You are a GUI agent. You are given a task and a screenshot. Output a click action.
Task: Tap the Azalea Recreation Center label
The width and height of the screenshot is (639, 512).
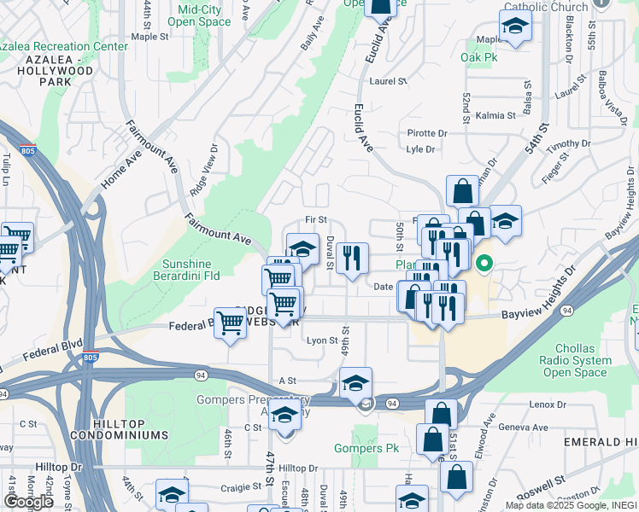point(64,45)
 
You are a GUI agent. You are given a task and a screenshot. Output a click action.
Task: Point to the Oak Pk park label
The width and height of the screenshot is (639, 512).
point(478,58)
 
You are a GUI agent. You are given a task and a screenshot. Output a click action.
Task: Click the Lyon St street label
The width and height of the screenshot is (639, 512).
point(323,340)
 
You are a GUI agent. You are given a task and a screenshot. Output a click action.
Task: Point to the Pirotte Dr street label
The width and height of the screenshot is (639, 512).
point(427,133)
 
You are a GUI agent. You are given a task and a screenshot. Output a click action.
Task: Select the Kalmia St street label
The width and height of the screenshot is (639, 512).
point(496,115)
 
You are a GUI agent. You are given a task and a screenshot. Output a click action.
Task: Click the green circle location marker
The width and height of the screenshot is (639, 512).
point(484,264)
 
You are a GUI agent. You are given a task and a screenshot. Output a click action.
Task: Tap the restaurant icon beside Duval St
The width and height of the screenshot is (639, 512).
point(352,258)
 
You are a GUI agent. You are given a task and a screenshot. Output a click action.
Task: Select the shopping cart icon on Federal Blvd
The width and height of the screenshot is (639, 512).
point(230,324)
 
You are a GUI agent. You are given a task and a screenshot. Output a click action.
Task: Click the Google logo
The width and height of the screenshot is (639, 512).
point(28,502)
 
